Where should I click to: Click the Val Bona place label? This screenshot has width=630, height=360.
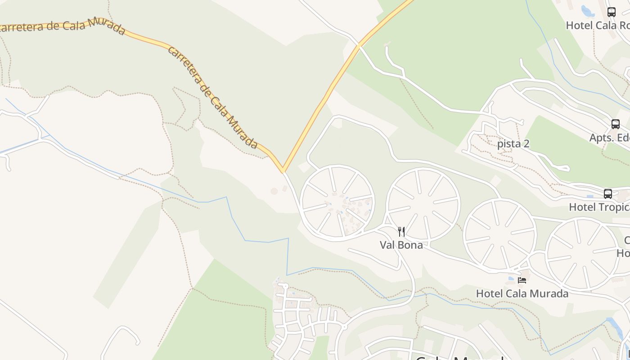point(401,245)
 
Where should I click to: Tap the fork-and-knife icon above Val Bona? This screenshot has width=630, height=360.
point(401,232)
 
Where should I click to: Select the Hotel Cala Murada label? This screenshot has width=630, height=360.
point(522,293)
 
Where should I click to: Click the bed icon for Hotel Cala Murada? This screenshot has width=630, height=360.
point(522,280)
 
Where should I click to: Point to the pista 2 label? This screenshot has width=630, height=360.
point(513,144)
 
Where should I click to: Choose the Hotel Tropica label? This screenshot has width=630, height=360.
point(599,207)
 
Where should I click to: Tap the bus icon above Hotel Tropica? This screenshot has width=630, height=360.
point(607,194)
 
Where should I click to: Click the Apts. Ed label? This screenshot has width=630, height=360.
point(609,138)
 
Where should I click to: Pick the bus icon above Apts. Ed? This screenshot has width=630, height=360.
point(615,124)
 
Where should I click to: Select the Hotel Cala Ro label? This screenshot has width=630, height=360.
point(597,25)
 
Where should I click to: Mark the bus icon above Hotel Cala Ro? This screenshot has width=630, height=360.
point(611,12)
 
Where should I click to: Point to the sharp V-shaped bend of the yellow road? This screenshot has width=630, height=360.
point(283,171)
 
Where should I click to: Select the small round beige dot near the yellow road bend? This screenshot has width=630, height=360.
point(274,191)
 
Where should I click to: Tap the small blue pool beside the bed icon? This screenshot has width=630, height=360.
point(512,279)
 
